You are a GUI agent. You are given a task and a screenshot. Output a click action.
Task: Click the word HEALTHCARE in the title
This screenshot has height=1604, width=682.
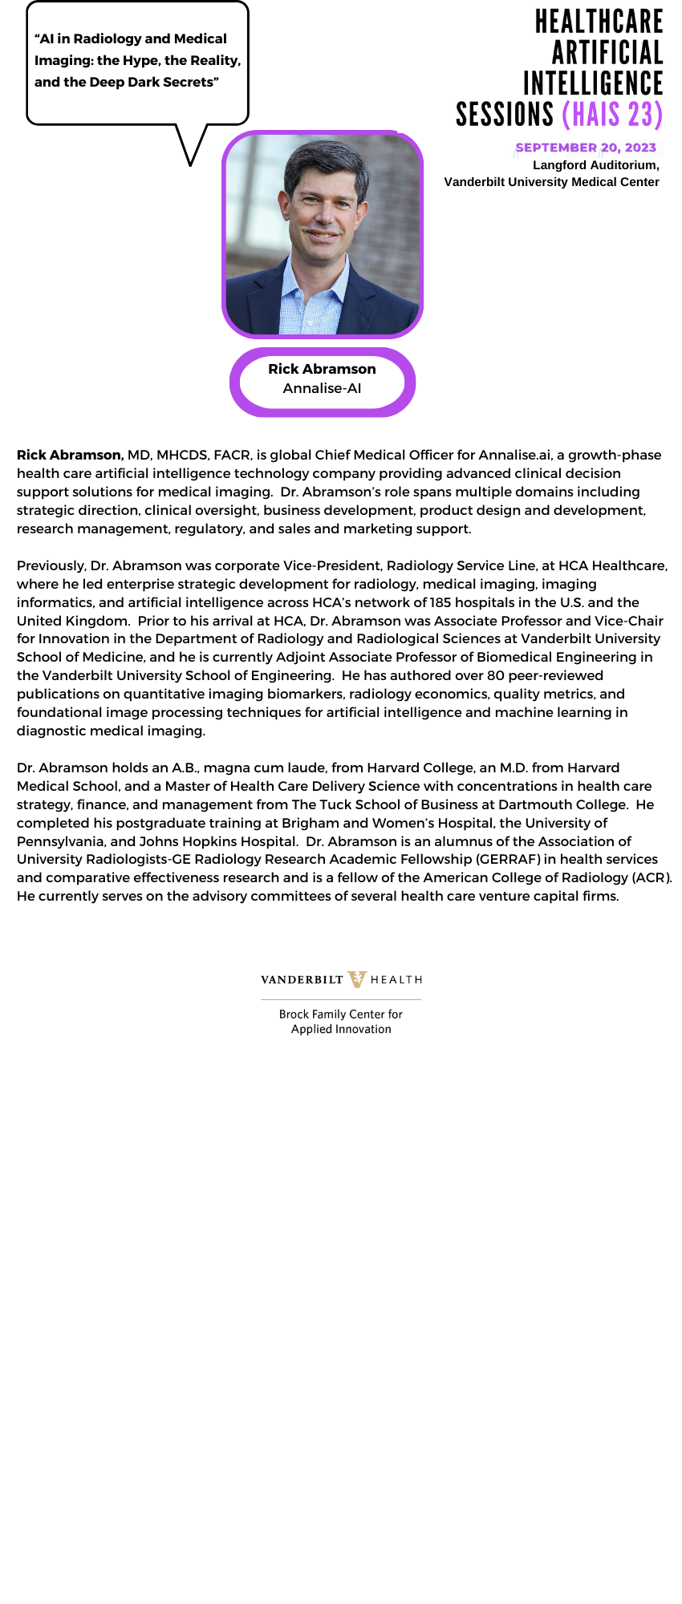pos(599,22)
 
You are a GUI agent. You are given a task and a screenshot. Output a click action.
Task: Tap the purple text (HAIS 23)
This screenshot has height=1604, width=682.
pos(612,115)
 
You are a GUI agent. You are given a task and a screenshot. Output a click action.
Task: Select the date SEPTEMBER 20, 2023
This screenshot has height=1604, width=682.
pos(586,148)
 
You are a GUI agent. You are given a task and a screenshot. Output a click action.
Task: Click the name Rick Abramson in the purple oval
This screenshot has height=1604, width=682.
pos(322,369)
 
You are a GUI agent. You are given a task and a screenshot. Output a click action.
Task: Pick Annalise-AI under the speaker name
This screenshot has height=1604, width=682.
pos(322,388)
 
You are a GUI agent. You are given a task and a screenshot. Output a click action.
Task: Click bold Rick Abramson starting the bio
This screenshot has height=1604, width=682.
pos(70,455)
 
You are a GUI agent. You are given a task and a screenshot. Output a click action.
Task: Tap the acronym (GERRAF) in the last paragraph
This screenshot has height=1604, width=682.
pos(508,859)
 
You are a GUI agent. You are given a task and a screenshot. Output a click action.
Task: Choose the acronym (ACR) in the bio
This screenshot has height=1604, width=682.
pos(651,877)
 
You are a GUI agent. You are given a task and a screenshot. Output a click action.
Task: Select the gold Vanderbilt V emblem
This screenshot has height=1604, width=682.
pos(357,979)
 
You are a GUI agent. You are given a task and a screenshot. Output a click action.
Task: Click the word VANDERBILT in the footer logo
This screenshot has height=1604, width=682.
pos(302,980)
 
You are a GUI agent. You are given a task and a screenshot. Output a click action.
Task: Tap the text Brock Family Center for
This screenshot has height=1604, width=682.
pos(341,1014)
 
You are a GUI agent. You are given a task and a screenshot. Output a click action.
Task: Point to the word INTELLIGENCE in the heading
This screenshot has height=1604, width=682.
pos(593,83)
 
